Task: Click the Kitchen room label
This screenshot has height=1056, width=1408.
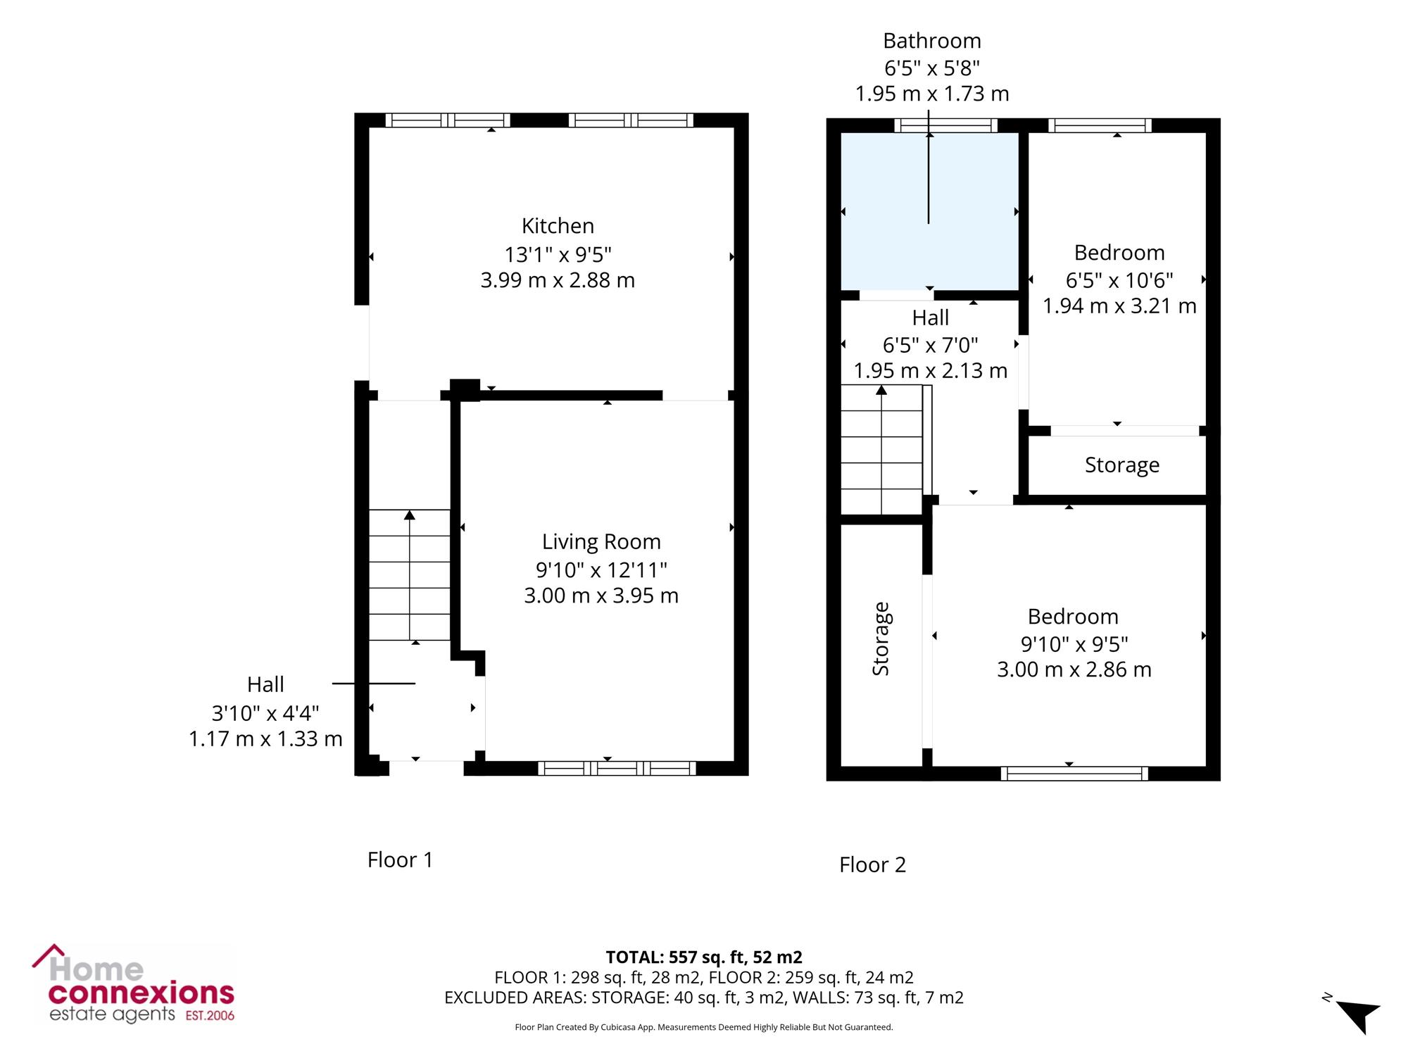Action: tap(558, 226)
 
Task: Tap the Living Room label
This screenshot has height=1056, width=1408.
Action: tap(601, 542)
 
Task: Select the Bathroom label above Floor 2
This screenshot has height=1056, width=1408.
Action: tap(932, 41)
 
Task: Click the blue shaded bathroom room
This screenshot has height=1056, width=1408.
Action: tap(930, 211)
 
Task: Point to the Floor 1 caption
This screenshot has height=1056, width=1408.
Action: tap(400, 860)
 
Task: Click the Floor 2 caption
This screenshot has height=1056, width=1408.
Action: tap(872, 865)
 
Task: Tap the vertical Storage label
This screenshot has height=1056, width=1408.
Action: tap(881, 639)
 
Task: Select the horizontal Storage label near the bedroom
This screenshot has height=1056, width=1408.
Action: tap(1122, 465)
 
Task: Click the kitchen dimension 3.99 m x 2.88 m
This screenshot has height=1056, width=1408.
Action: tap(558, 280)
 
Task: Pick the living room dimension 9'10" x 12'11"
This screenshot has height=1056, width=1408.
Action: tap(601, 569)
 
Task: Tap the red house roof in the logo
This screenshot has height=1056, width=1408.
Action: tap(49, 955)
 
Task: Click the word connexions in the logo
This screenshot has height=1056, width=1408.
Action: tap(141, 993)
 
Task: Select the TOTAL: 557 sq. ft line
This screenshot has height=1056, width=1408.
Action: tap(704, 957)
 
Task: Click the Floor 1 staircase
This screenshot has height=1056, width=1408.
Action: tap(410, 575)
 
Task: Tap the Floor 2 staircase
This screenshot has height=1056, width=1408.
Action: tap(882, 449)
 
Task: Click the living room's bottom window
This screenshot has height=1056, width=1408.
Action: tap(617, 768)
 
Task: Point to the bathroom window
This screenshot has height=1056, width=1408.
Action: tap(946, 125)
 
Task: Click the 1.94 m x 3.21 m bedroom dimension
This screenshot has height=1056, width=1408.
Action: tap(1119, 306)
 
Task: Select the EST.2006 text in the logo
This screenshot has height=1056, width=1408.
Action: tap(210, 1016)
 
